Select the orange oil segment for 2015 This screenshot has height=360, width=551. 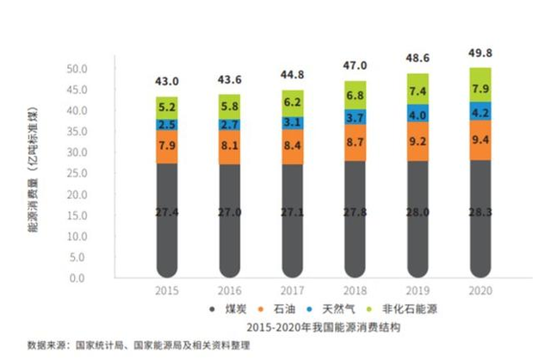166,146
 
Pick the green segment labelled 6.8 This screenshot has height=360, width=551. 355,96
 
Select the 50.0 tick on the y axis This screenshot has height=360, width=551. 78,68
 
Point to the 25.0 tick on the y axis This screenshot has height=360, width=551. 78,173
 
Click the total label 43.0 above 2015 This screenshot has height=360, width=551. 166,82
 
